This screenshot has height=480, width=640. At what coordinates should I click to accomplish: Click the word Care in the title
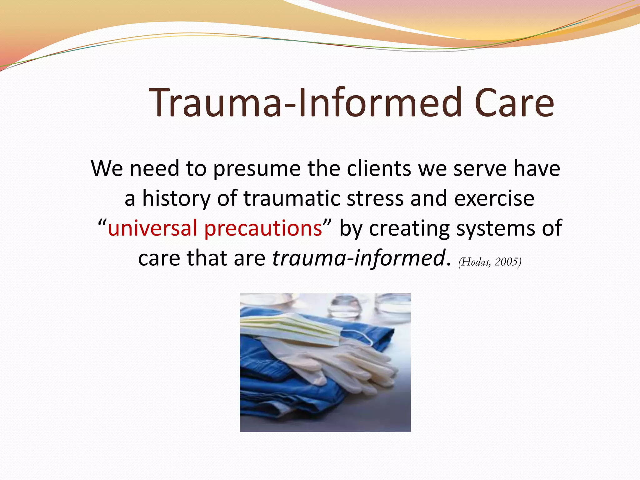(514, 103)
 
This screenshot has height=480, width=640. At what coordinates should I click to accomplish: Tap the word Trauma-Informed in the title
(306, 103)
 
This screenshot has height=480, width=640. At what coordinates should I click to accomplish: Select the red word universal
(152, 228)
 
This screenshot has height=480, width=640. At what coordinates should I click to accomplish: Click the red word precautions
(263, 228)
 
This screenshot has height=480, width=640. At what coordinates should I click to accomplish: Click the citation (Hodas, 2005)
(490, 262)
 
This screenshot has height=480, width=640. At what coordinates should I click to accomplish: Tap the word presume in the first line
(256, 169)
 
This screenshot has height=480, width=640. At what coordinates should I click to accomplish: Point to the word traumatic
(292, 199)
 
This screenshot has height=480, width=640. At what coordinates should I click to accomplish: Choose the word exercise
(494, 199)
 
